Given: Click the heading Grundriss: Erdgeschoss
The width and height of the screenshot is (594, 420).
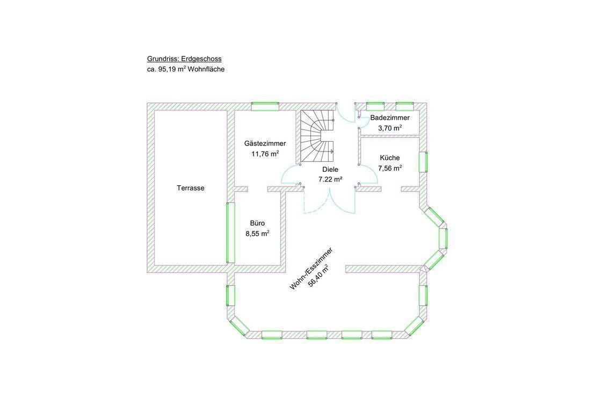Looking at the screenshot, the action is click(184, 59).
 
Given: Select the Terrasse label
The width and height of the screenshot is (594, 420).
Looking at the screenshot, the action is click(191, 188).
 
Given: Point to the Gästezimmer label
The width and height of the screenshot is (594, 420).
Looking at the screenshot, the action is click(265, 143).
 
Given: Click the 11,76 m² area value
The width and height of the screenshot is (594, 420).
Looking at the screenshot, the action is click(265, 154).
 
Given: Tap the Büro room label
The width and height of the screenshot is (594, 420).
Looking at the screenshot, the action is click(257, 223).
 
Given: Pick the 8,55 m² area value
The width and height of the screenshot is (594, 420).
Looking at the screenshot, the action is click(257, 234).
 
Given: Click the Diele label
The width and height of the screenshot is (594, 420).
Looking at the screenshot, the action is click(330, 170).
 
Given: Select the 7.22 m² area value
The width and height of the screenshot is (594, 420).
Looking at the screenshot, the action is click(330, 179).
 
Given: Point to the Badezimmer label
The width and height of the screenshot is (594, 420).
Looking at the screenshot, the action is click(390, 118).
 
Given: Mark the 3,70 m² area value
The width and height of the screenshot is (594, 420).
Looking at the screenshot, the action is click(390, 128).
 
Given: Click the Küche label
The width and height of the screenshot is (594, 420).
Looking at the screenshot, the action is click(390, 158).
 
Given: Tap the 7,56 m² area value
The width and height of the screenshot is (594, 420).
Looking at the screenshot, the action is click(390, 168).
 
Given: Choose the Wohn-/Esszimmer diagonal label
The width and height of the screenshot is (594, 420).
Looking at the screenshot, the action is click(311, 269).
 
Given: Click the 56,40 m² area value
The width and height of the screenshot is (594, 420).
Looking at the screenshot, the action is click(318, 276).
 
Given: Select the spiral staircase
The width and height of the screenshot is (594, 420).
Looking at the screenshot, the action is click(317, 137).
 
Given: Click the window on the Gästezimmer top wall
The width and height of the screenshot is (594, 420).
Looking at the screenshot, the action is click(265, 106).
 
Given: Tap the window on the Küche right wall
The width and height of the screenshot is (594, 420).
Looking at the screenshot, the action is click(423, 162).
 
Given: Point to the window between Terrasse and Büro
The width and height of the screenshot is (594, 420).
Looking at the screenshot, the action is click(230, 233).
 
